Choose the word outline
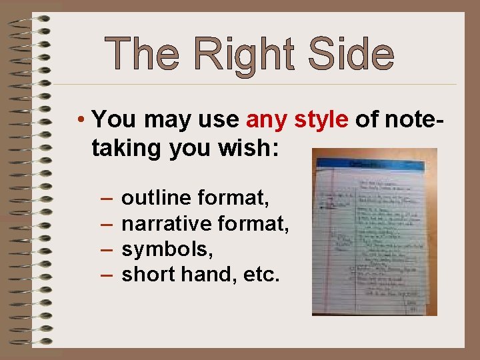[x=157, y=198]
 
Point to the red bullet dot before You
[x=79, y=121]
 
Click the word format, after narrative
[x=257, y=223]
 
